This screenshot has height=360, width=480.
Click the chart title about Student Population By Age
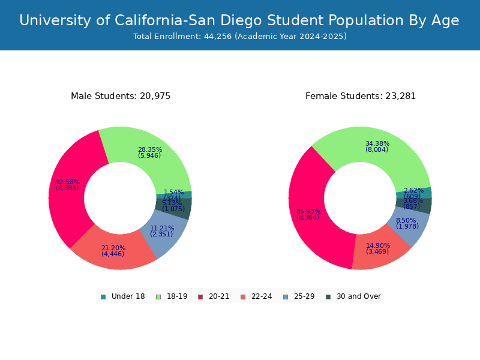pyautogui.click(x=239, y=21)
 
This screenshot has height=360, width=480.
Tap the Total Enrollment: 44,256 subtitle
pyautogui.click(x=239, y=37)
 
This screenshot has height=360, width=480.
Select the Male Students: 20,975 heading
pyautogui.click(x=121, y=96)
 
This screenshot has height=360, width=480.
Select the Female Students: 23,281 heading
pyautogui.click(x=361, y=96)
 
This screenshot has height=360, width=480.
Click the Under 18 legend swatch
pyautogui.click(x=103, y=296)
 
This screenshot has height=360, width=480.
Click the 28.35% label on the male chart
pyautogui.click(x=149, y=150)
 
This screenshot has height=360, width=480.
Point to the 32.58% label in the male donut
pyautogui.click(x=67, y=182)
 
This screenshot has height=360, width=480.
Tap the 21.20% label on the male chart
pyautogui.click(x=113, y=248)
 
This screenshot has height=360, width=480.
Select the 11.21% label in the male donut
pyautogui.click(x=162, y=229)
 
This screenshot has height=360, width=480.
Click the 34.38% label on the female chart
pyautogui.click(x=377, y=144)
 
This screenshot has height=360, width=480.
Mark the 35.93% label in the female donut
pyautogui.click(x=308, y=212)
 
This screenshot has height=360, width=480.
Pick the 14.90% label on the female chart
pyautogui.click(x=377, y=246)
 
